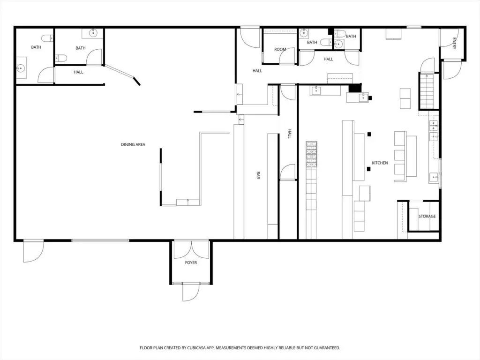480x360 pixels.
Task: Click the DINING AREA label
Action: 133,144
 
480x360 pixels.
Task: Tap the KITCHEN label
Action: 380,163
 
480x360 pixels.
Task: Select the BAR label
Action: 258,175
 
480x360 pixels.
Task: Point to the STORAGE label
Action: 427,216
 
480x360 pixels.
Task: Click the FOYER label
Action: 191,262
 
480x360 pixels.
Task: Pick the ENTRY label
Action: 454,43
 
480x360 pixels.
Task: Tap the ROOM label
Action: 280,49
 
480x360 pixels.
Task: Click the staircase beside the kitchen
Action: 427,91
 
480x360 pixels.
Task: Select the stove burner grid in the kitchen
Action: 311,154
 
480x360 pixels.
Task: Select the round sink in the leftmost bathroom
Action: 21,68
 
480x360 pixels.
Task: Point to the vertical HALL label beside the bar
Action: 290,134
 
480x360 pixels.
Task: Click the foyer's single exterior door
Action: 191,292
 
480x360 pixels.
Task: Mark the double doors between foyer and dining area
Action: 191,249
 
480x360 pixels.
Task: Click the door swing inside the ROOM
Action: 287,56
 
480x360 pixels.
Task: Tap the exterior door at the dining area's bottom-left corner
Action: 33,252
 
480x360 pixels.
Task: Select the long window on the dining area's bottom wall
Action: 100,240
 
